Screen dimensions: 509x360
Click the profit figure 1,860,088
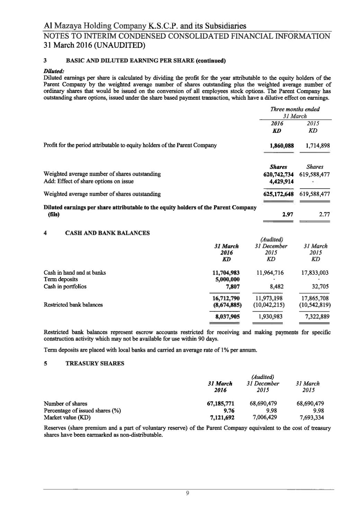(x=281, y=146)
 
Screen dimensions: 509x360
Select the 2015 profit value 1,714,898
(x=318, y=146)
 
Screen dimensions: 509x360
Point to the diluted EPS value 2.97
(x=288, y=215)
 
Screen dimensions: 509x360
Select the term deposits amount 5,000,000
(x=227, y=279)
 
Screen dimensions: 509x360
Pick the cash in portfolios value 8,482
(x=277, y=287)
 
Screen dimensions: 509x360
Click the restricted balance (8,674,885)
(x=227, y=305)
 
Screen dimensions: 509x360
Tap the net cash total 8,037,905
(x=227, y=316)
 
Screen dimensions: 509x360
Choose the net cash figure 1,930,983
(x=271, y=316)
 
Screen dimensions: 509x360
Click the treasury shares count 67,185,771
(x=220, y=403)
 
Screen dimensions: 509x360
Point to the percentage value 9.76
(x=229, y=411)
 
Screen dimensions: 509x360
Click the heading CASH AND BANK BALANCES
(x=107, y=233)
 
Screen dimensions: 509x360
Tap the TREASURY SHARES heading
(x=94, y=363)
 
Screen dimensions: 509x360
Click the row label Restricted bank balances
(x=73, y=305)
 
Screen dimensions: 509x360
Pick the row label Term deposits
(x=61, y=279)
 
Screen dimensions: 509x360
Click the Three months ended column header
(x=295, y=109)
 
